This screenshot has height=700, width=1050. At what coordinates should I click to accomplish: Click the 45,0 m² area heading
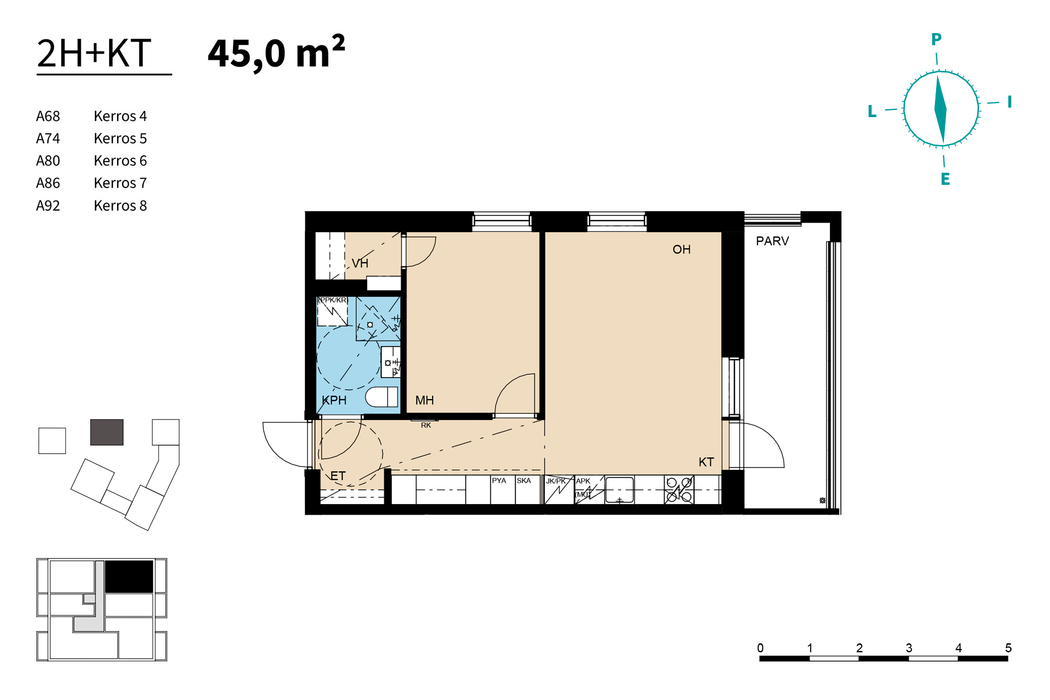coord(276,53)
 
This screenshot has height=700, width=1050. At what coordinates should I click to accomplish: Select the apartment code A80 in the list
coord(48,161)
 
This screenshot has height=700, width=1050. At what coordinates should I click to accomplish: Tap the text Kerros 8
coord(120,205)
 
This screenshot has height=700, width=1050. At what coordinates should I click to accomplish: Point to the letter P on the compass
coord(936,39)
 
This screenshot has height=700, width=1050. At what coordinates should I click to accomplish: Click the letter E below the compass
coord(945,179)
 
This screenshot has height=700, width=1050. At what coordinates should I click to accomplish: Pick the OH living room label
coord(681,249)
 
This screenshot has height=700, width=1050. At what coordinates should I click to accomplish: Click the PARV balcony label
coord(772,241)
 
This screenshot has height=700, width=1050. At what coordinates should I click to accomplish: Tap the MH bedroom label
coord(424,400)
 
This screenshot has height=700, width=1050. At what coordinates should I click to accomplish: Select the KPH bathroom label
coord(334,400)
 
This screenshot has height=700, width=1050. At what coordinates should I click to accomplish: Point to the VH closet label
coord(360,263)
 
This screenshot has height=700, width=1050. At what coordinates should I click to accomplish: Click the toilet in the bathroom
coord(382,396)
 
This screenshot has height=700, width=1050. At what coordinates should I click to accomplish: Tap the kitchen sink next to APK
coord(619,490)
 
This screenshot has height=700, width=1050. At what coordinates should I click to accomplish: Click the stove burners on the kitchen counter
coord(679,489)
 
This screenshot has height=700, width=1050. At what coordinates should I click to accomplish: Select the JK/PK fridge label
coord(556,481)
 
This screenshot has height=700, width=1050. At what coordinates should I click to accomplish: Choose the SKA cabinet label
coord(523,480)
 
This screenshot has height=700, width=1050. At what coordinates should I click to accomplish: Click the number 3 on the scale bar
coord(909,648)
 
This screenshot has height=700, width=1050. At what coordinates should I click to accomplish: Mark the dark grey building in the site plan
coord(107,432)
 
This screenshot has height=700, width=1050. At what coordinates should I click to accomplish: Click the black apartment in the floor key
coord(129,577)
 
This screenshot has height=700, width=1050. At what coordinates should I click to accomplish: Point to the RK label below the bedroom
coord(426,425)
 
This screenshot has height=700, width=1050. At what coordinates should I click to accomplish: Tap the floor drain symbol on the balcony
coord(823,500)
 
